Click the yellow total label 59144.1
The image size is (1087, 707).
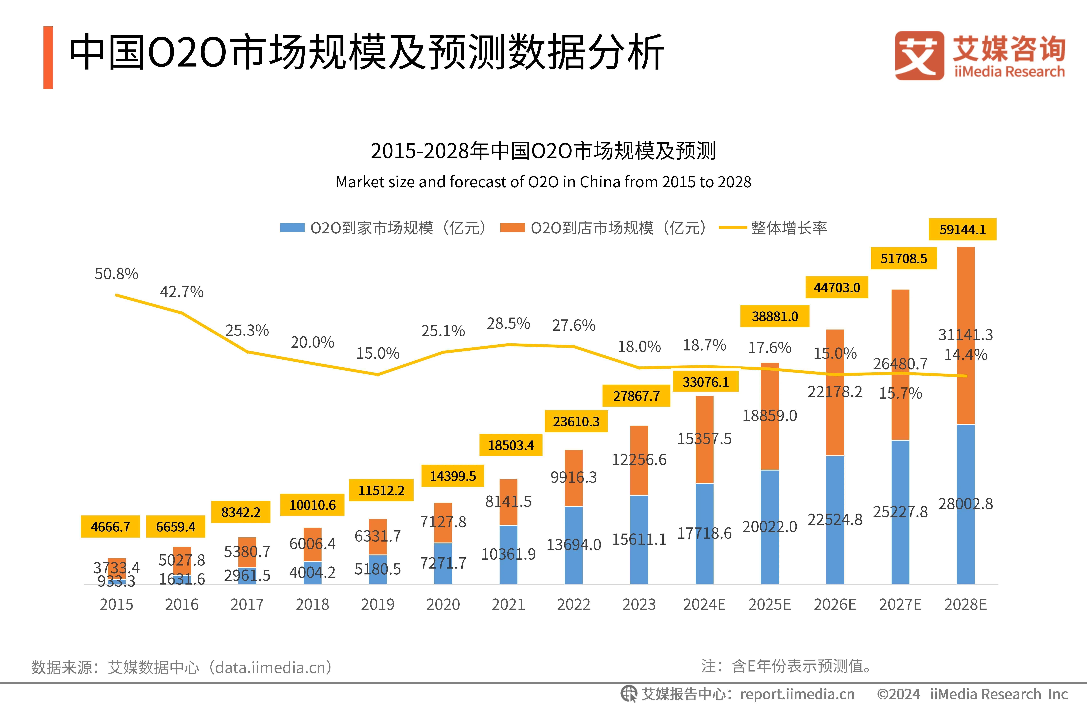coord(962,229)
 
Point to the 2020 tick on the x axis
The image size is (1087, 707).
coord(443,604)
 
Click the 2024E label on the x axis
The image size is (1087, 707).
coord(704,604)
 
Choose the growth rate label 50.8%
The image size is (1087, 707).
coord(116,274)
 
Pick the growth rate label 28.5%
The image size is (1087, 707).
coord(508,324)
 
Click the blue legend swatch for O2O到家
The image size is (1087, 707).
coord(292,228)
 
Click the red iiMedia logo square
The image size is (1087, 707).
coord(919,55)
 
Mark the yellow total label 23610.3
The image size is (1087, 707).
coord(576,421)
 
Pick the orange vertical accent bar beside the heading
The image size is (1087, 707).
coord(48,58)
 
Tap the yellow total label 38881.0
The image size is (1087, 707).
coord(775,316)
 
